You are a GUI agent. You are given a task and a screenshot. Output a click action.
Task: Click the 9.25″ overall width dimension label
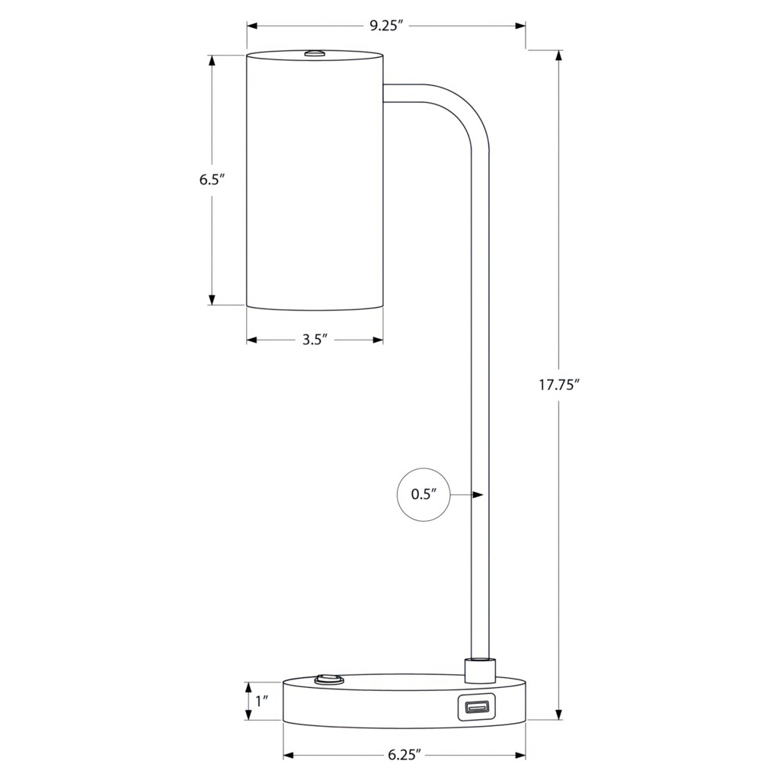(385, 26)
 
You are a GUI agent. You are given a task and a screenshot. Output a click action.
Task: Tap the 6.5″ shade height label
(213, 180)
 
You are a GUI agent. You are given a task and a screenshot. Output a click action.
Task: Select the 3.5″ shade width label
(315, 340)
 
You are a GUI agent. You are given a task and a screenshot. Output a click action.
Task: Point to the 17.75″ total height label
(560, 385)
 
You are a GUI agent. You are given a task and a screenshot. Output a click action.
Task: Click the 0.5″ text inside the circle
(424, 494)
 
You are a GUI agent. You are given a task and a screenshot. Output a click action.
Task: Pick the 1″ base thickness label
(262, 702)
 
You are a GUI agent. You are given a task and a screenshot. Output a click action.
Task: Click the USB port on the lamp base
(475, 706)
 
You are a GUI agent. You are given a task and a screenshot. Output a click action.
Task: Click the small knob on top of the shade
(315, 53)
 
